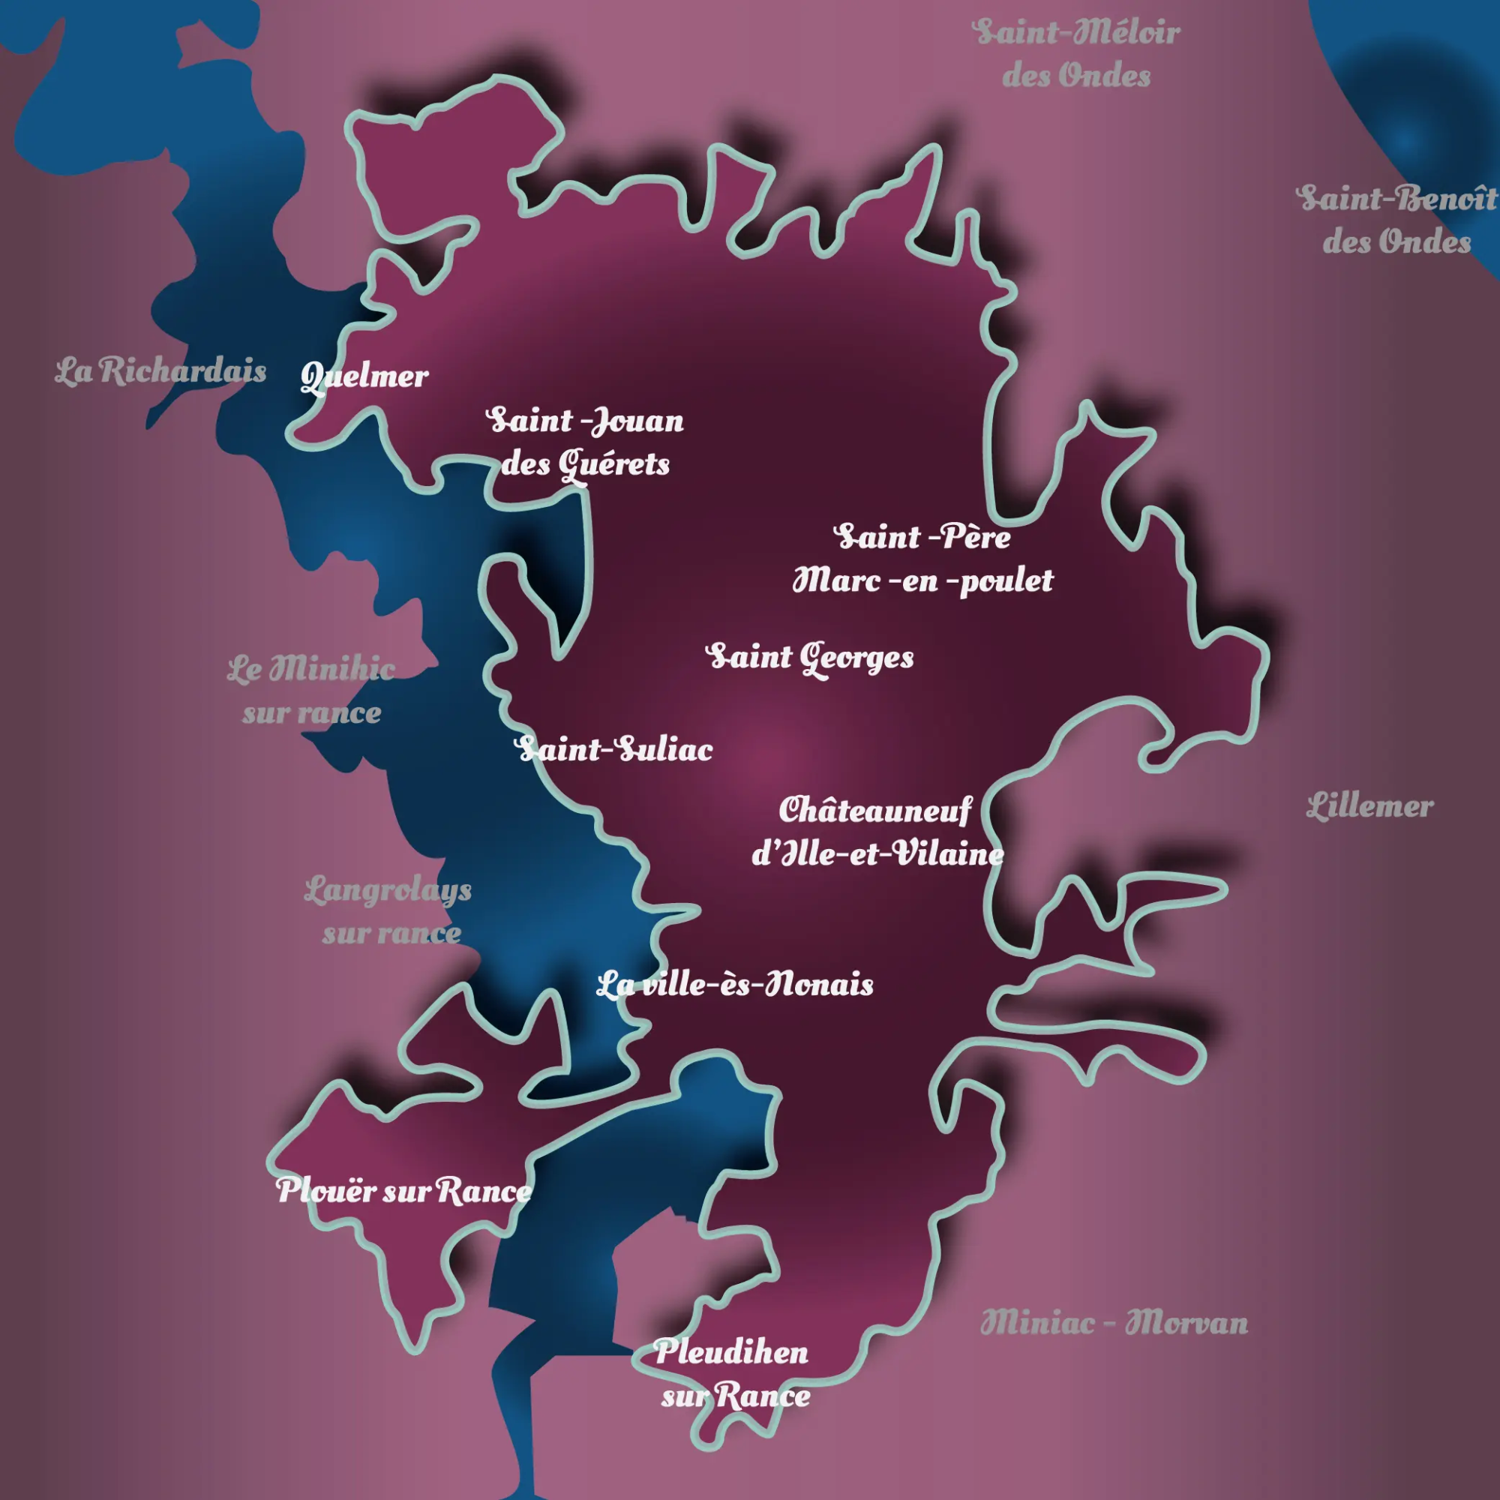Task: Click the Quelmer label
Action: (364, 377)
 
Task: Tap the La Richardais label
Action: (160, 372)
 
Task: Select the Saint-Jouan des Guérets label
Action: (586, 442)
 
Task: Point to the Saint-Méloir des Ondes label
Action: (1077, 54)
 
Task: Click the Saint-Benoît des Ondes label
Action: (1397, 220)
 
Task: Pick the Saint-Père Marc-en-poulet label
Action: (922, 559)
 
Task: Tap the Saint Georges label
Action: (810, 658)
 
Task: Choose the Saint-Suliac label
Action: (613, 750)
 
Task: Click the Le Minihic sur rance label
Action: (311, 691)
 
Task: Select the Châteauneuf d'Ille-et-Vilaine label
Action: (877, 832)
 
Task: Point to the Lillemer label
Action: (1369, 807)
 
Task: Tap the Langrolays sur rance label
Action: (388, 911)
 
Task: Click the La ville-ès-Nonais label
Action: (734, 985)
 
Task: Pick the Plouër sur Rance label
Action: (403, 1191)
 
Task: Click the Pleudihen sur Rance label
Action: (733, 1374)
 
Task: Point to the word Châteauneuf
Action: (875, 811)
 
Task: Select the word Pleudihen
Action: (731, 1352)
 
